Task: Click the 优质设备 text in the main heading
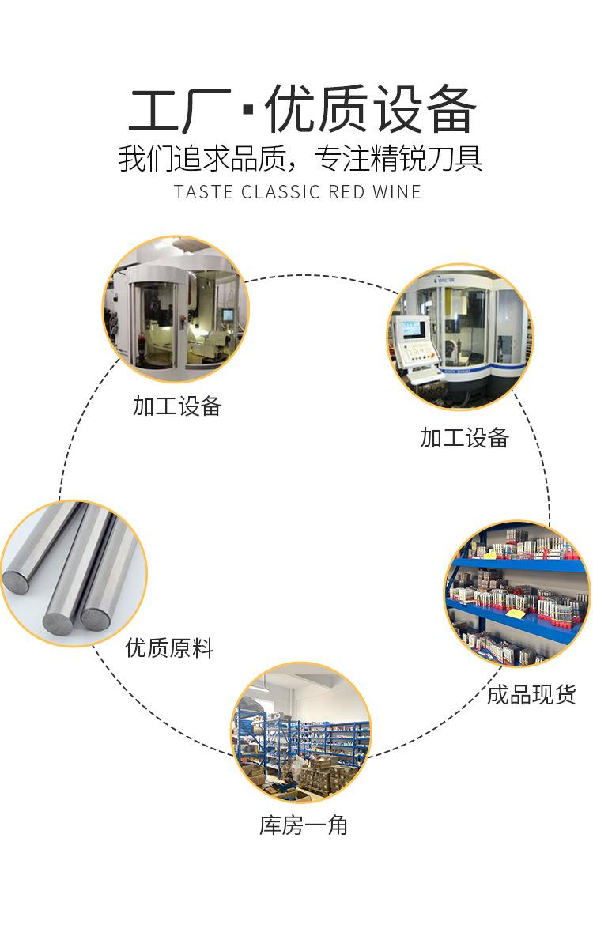tap(371, 111)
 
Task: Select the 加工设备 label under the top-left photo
tap(177, 406)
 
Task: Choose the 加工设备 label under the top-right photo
tap(464, 438)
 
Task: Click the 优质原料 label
tap(169, 649)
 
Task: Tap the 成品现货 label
tap(531, 695)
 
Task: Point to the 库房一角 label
tap(304, 825)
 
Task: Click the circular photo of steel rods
tap(74, 573)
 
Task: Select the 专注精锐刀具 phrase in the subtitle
tap(398, 157)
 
